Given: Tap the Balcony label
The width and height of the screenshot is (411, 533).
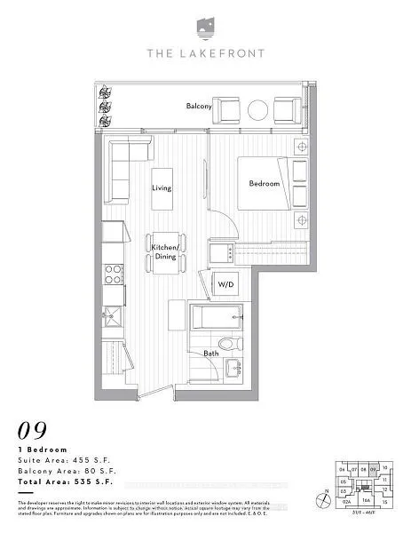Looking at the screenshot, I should [x=198, y=107].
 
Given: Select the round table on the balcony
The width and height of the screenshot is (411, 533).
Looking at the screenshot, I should [x=257, y=110].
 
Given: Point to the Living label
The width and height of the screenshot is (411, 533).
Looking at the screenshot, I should [x=161, y=188].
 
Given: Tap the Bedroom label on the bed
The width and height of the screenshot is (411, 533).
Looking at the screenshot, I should [x=264, y=183].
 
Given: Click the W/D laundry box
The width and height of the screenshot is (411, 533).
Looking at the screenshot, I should [x=225, y=284].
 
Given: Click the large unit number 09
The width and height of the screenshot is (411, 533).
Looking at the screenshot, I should [x=33, y=430].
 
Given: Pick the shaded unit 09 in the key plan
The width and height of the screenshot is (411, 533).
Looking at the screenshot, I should [x=374, y=470].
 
